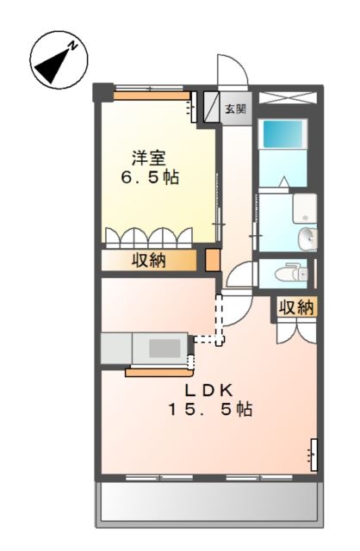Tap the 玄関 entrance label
[x=235, y=109]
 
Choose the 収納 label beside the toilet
[x=296, y=306]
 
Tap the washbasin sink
[x=307, y=238]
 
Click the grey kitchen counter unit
[x=144, y=348]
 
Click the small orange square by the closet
[x=212, y=260]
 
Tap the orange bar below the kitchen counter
[x=158, y=372]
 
